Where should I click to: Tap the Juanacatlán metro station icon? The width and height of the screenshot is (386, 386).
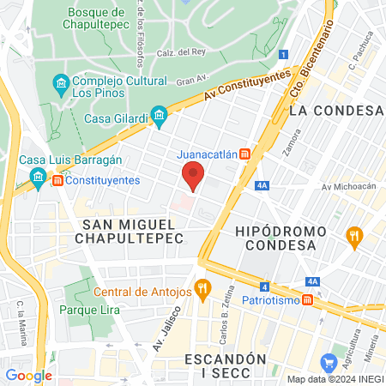(245, 154)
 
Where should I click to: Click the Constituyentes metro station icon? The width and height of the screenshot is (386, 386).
(57, 181)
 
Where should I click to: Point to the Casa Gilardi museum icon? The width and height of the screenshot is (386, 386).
(159, 115)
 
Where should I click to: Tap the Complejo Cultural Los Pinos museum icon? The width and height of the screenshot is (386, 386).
(60, 83)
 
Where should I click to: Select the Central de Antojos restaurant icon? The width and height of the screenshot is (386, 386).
(202, 289)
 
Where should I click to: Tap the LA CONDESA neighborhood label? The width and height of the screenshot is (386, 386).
(335, 111)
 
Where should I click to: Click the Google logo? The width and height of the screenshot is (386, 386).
(28, 375)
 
